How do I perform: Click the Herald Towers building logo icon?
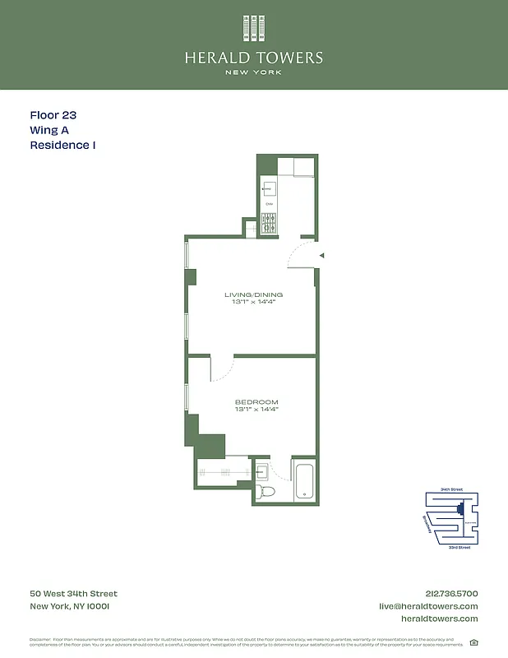click(x=254, y=27)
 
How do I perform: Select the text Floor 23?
click(x=53, y=116)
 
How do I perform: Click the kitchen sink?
click(x=270, y=188)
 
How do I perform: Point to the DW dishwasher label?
click(x=269, y=204)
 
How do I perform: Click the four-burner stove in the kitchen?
click(x=269, y=220)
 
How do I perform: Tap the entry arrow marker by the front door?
click(x=322, y=256)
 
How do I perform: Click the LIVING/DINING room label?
click(x=253, y=294)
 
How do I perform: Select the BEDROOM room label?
click(x=256, y=402)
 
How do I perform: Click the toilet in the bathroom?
click(x=266, y=491)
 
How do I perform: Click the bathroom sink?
click(x=261, y=472)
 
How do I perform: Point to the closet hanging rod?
click(x=224, y=472)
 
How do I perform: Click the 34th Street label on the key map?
click(x=451, y=489)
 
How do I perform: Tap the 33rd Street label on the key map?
click(x=460, y=546)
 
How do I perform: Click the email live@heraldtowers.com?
click(x=427, y=606)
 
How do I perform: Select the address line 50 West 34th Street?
click(x=74, y=594)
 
